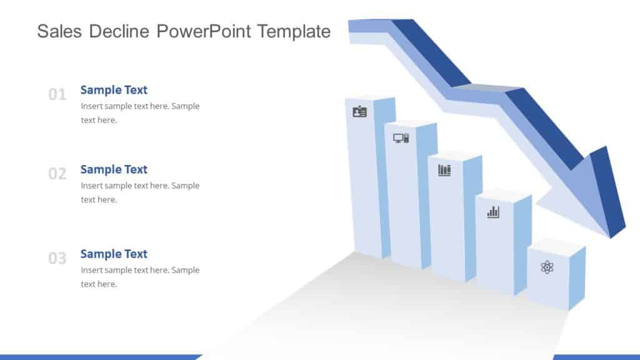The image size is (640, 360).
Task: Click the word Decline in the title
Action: [x=120, y=31]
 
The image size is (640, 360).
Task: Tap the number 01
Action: [x=57, y=95]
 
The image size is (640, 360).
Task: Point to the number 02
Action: [x=57, y=174]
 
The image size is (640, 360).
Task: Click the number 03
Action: [x=57, y=259]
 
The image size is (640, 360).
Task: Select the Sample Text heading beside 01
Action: [x=114, y=90]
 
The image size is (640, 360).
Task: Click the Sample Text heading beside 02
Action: [x=114, y=169]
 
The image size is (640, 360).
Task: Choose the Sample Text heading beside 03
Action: [x=114, y=254]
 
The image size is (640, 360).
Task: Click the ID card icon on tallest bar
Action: [x=359, y=112]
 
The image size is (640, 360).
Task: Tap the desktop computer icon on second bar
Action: [x=401, y=138]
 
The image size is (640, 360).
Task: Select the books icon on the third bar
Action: [x=444, y=170]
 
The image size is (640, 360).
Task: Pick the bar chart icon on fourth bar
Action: [x=493, y=212]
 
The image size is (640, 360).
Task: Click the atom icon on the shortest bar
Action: [x=547, y=267]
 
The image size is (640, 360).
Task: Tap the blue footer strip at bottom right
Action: [x=596, y=357]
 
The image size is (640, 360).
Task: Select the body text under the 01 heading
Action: [x=140, y=113]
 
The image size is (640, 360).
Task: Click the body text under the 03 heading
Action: [x=140, y=277]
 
